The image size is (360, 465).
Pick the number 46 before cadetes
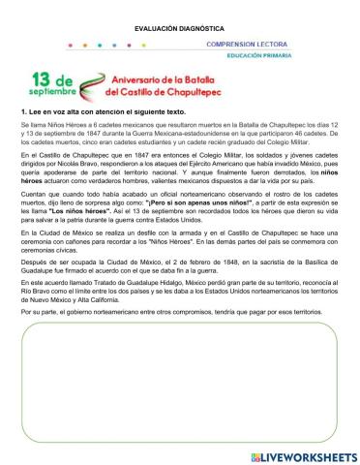coord(301,134)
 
